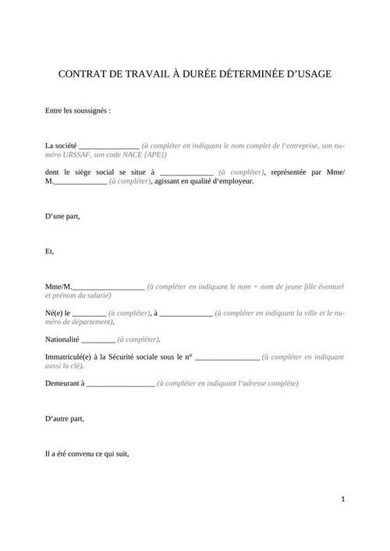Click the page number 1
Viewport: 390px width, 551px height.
point(343,498)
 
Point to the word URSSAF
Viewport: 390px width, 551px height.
point(79,155)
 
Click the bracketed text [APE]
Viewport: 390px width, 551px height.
point(154,155)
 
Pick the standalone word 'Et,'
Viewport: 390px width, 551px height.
point(51,252)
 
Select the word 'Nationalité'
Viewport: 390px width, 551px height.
point(62,340)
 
